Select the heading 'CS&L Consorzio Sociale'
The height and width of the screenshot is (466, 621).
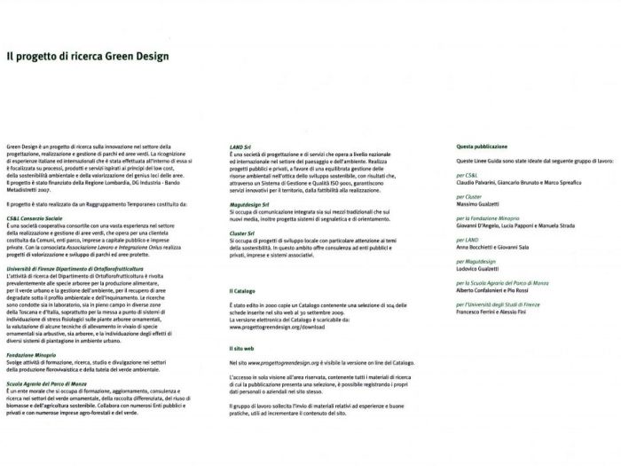point(35,217)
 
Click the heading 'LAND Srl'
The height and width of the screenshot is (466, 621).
point(240,145)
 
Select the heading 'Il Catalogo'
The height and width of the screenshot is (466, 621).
point(242,290)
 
